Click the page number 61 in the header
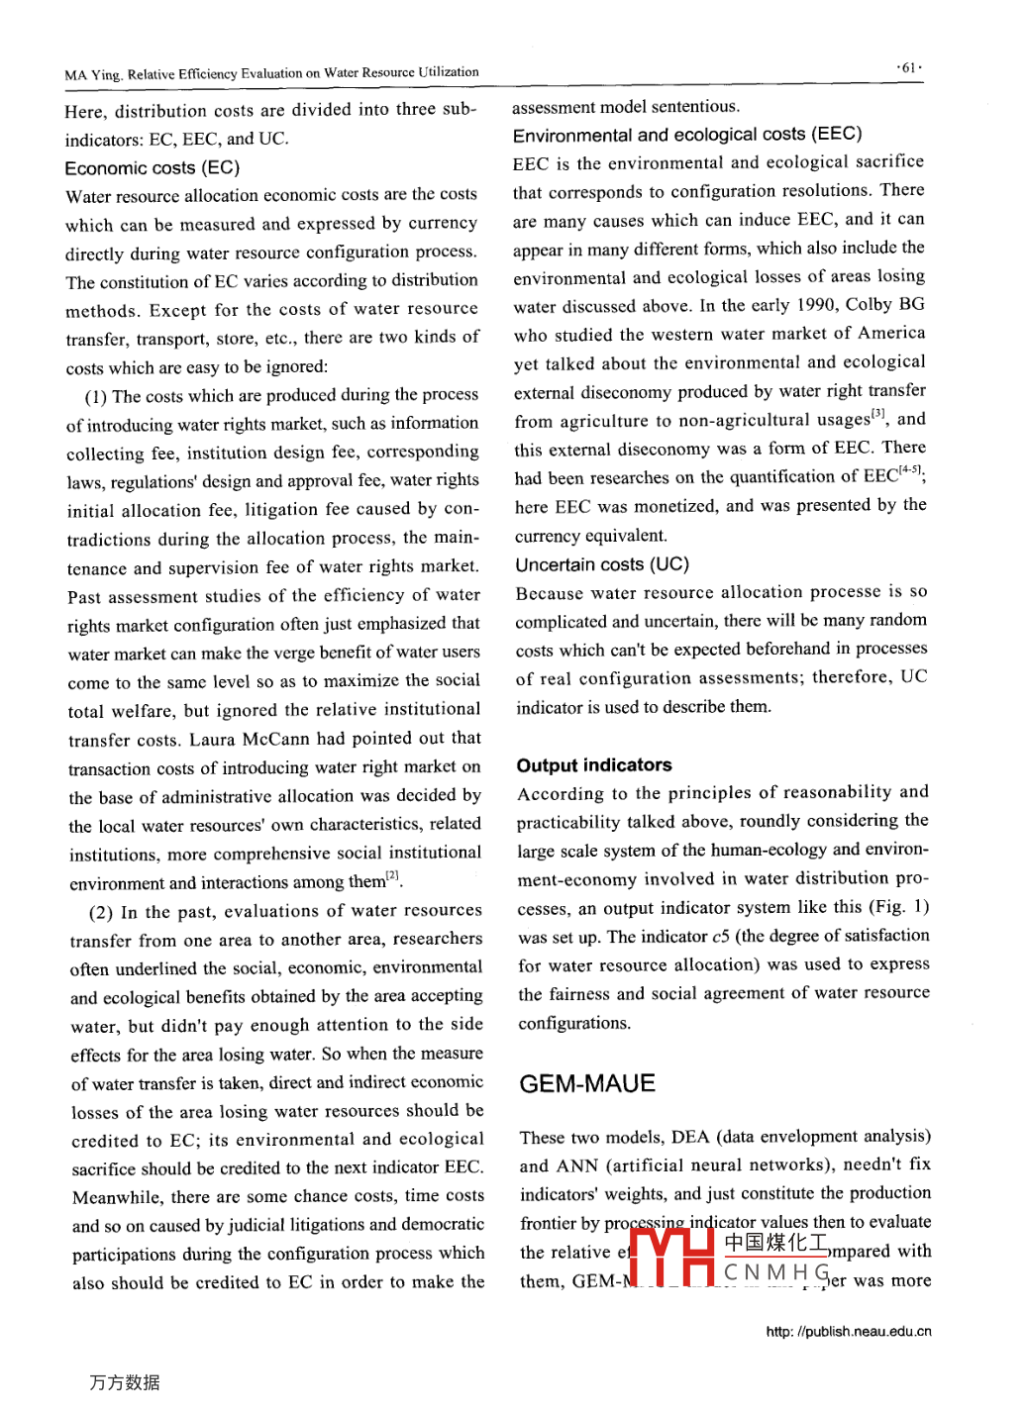point(908,67)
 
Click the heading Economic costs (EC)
point(153,167)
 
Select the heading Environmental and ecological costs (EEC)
point(687,134)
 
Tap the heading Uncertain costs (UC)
point(602,564)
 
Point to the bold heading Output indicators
point(594,764)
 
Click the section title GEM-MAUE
point(587,1083)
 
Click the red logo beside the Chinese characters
point(672,1257)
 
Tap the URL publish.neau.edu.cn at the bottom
point(849,1332)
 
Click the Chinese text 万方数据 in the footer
point(125,1382)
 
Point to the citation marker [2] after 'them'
point(393,875)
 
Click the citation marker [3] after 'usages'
point(877,414)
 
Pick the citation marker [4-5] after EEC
point(910,471)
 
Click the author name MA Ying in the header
point(93,74)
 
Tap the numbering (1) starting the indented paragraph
point(96,397)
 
